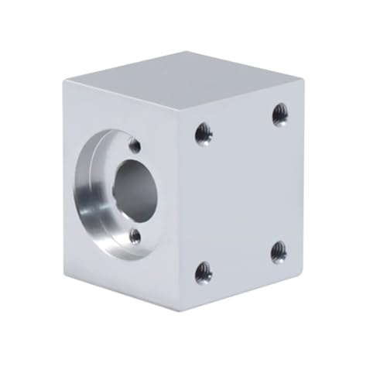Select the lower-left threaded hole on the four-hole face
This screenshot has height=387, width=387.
click(x=203, y=271)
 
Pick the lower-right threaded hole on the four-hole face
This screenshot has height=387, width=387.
click(x=279, y=252)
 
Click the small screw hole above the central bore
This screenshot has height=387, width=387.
click(x=135, y=145)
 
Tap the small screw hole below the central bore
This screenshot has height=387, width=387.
click(x=135, y=237)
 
